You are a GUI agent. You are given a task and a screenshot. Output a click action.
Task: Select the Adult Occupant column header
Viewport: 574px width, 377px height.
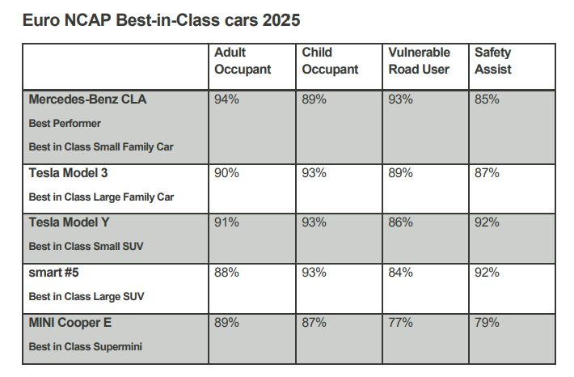pos(242,61)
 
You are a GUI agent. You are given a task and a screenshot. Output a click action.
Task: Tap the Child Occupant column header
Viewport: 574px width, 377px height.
pos(330,61)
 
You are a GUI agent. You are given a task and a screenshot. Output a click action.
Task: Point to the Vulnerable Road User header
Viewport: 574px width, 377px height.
pos(419,61)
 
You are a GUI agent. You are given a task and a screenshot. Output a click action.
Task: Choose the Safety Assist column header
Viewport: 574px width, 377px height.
pos(493,61)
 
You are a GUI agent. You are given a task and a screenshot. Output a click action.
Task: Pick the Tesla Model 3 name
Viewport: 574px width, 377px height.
pos(68,173)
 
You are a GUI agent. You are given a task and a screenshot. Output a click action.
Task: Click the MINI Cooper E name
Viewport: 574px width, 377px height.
pos(70,323)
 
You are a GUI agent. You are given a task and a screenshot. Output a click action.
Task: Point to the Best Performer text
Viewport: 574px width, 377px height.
pos(65,125)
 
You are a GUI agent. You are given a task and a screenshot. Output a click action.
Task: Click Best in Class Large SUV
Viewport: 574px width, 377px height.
pos(87,297)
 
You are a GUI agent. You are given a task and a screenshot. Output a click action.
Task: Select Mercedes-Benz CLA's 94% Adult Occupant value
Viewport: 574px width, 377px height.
pos(226,100)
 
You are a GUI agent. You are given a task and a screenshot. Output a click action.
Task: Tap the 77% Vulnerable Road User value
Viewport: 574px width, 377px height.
pos(401,323)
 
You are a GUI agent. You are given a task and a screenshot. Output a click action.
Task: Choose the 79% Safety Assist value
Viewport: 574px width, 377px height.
pos(487,323)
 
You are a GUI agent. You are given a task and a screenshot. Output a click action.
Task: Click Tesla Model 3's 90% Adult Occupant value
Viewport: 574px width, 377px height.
pos(226,173)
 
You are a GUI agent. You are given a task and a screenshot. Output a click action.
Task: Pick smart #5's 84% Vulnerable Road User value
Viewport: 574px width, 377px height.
pos(401,273)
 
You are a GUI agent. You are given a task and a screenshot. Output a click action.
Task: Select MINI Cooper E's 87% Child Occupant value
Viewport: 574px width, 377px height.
pos(314,323)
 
